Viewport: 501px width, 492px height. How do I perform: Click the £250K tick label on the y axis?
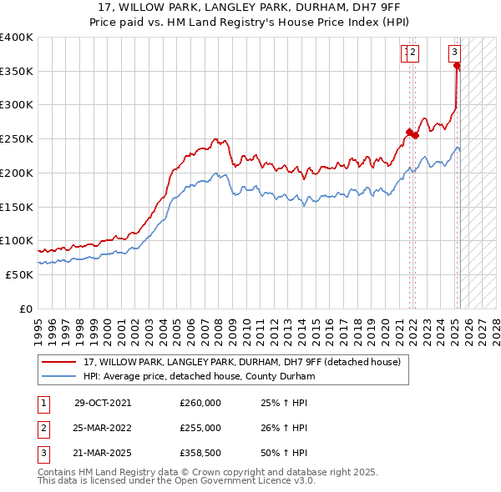[x=17, y=139]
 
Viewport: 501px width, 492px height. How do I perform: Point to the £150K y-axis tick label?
[x=17, y=207]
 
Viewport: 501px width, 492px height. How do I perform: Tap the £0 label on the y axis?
[x=26, y=309]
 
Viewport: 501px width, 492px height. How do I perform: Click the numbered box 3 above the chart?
[x=455, y=52]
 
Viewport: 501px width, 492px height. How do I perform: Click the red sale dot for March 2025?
[x=458, y=67]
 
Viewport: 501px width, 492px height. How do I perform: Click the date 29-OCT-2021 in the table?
[x=103, y=403]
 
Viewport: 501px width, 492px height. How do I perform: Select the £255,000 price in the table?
[x=200, y=429]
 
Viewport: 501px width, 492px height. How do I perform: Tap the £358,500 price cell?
[x=200, y=454]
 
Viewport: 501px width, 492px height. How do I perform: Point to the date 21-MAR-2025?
[x=103, y=454]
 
